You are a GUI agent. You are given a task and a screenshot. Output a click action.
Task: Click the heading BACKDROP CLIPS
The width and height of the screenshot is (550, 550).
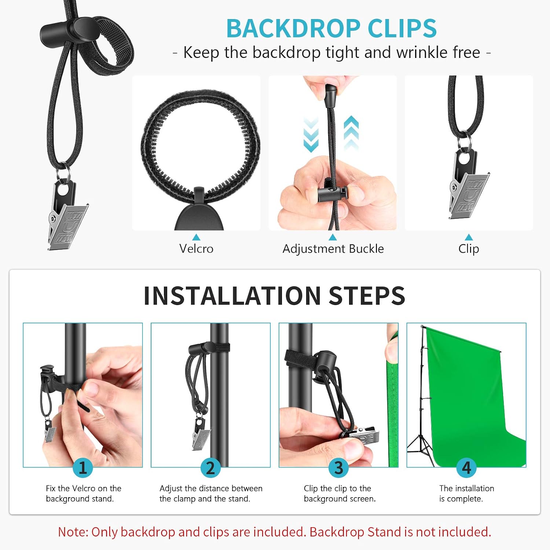(331, 29)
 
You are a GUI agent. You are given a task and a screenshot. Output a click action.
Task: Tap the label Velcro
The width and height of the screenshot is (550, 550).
(196, 249)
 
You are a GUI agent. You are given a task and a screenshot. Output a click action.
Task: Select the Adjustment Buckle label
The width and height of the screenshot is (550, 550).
(333, 249)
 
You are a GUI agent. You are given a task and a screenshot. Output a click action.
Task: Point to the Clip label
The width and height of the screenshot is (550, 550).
(469, 249)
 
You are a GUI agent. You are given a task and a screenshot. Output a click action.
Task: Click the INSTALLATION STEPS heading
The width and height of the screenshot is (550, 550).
(274, 296)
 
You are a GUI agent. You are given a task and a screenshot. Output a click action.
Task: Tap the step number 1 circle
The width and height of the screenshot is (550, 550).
(82, 467)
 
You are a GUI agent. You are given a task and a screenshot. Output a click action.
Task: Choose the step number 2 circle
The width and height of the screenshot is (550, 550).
(210, 467)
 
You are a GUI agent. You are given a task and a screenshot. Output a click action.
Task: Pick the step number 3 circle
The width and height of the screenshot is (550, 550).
(338, 467)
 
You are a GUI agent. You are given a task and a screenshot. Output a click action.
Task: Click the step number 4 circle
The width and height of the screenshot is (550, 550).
(466, 467)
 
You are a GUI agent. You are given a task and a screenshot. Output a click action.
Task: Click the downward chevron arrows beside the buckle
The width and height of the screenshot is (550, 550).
(311, 135)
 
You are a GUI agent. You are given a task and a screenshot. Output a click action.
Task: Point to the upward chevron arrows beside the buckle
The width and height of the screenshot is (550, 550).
(351, 133)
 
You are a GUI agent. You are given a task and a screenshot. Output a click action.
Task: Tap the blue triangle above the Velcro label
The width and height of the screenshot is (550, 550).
(196, 237)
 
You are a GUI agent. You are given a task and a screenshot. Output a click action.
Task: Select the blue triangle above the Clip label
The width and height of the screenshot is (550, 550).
(469, 237)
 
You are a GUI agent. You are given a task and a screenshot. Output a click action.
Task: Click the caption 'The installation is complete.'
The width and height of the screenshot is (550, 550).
(466, 494)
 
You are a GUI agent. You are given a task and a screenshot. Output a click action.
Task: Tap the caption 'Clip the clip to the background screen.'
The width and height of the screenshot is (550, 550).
(340, 494)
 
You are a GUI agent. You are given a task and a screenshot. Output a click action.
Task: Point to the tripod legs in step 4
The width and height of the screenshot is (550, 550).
(422, 449)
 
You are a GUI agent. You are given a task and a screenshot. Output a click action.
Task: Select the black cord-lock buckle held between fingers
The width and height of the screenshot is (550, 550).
(332, 194)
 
